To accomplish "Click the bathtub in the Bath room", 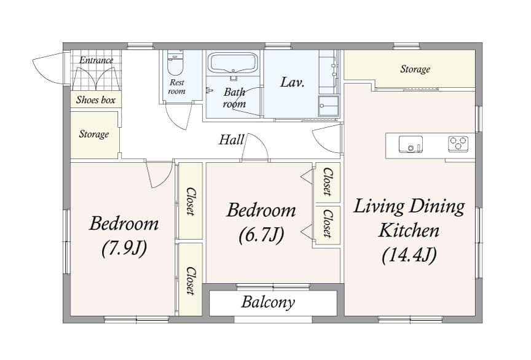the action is click(x=233, y=63).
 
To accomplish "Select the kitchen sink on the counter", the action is click(x=411, y=144).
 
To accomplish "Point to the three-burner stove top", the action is click(x=458, y=144).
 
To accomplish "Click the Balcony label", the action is click(x=268, y=302).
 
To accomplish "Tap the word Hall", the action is click(x=232, y=139).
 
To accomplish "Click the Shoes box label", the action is click(x=95, y=100).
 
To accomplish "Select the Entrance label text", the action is click(x=96, y=60).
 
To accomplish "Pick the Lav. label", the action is click(x=293, y=82).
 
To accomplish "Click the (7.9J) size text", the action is click(x=124, y=248).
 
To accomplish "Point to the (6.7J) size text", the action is click(x=261, y=235).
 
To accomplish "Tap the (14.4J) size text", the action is click(x=409, y=255).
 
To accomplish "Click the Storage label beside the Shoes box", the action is click(x=94, y=134).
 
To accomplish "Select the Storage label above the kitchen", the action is click(x=415, y=69).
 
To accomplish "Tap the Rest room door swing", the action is click(x=178, y=115).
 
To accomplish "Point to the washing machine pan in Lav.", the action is click(x=328, y=106).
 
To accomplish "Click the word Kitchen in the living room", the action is click(x=409, y=230).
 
